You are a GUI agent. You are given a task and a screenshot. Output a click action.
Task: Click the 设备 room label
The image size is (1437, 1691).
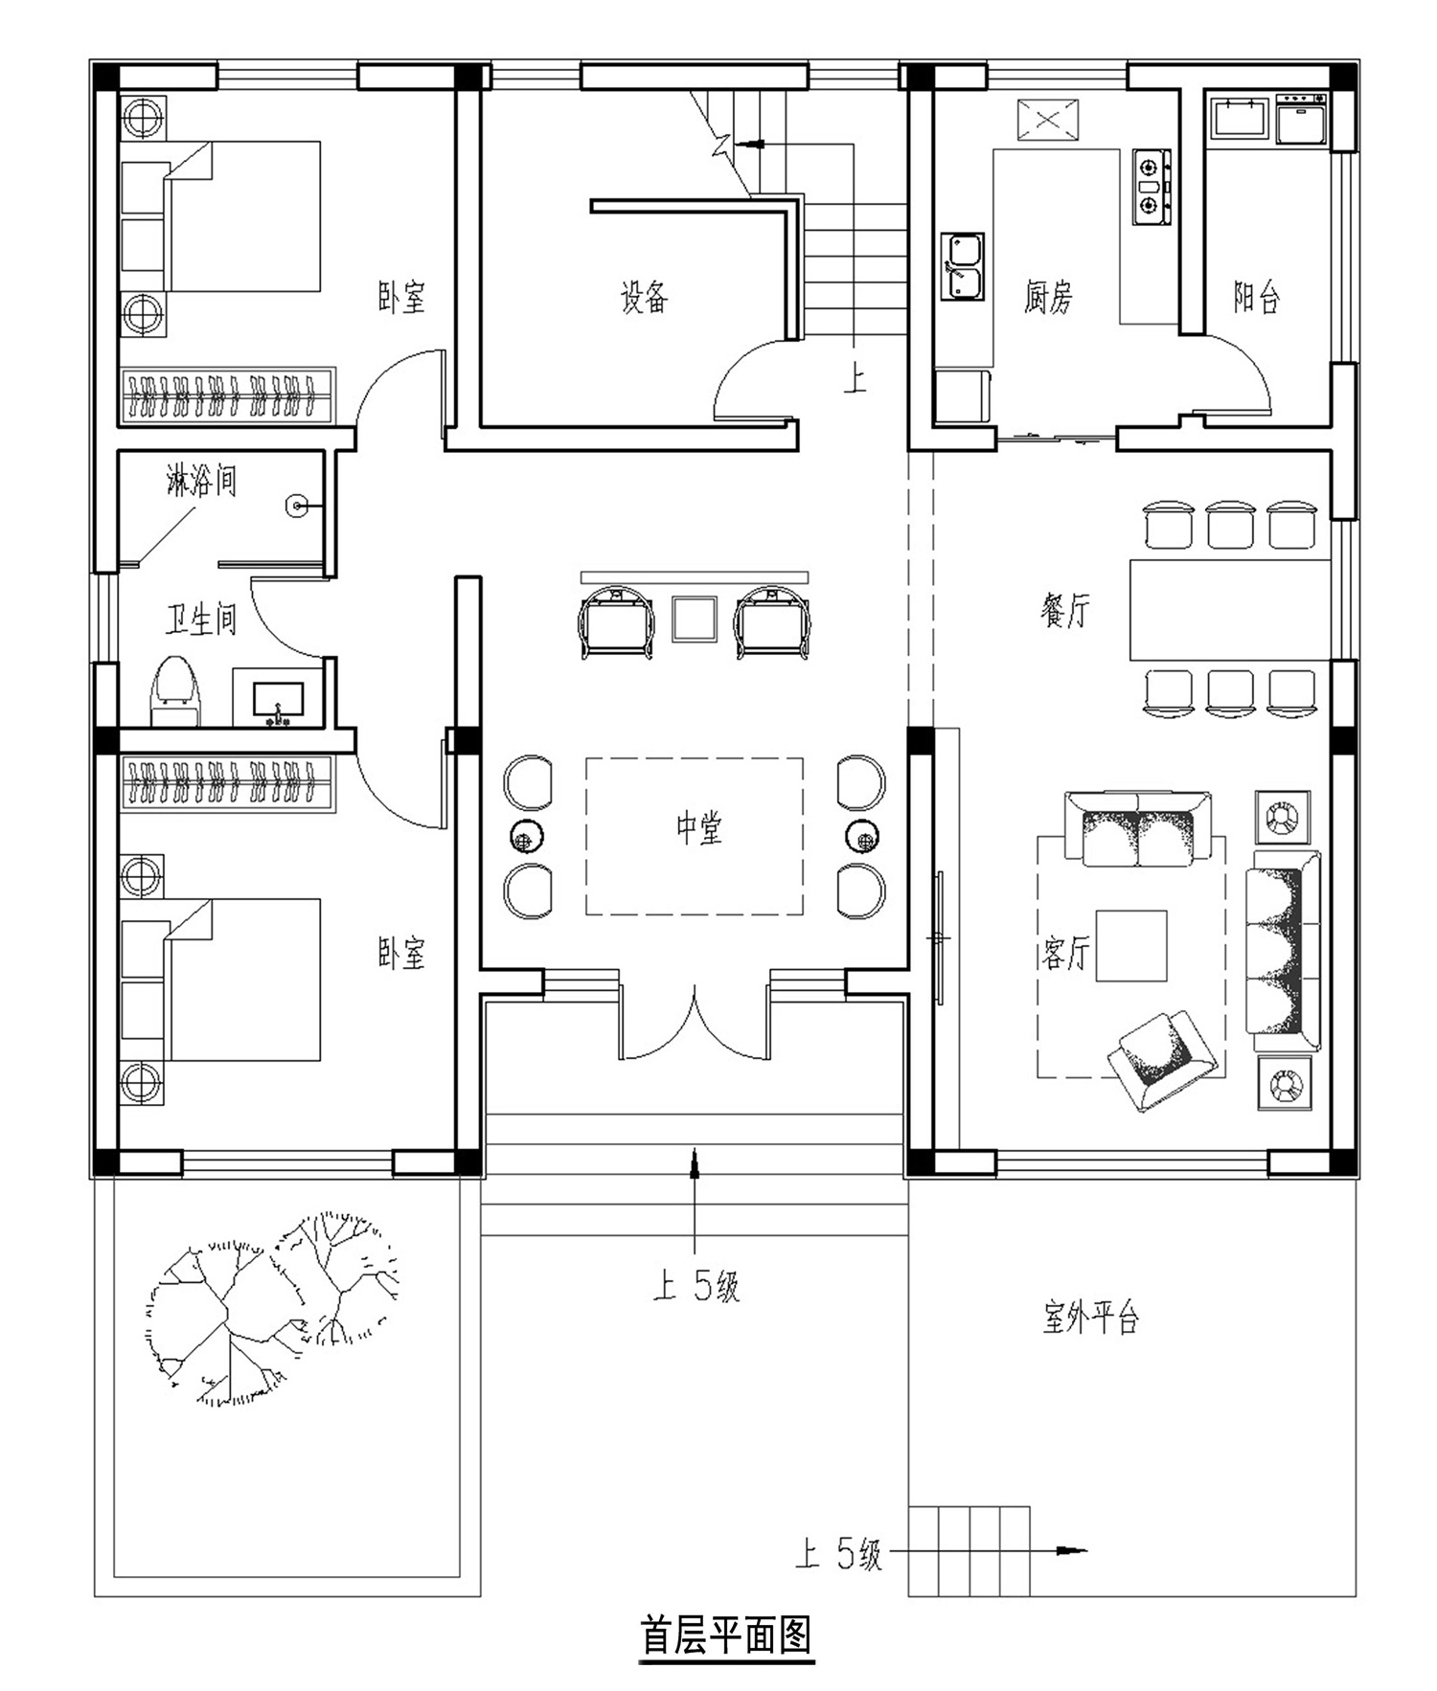point(644,297)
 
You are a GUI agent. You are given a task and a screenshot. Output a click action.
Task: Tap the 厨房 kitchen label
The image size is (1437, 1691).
point(1048,297)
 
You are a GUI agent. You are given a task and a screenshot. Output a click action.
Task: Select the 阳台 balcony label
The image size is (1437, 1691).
point(1256,297)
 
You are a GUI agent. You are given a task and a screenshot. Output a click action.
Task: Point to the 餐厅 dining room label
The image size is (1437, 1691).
point(1065,609)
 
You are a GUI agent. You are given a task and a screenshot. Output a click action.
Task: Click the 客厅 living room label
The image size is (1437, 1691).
point(1065,952)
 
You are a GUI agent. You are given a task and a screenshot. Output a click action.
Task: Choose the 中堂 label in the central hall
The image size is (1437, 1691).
point(699,827)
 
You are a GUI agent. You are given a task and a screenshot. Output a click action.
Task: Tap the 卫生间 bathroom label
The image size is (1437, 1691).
point(201,619)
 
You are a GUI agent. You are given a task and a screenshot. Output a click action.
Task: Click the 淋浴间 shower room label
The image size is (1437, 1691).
point(201,480)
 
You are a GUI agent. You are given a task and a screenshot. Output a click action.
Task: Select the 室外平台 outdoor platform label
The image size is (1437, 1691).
point(1090,1319)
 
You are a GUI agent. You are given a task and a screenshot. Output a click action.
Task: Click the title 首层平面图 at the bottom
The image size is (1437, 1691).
point(726,1636)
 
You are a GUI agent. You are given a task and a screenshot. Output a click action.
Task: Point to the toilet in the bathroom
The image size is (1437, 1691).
point(176,690)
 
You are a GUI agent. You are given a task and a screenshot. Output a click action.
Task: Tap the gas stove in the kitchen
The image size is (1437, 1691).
point(1152,187)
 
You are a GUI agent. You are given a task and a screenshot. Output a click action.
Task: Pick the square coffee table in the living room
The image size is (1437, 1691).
point(1131,946)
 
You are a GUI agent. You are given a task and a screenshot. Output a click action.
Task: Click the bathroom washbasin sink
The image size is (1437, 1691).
point(278,699)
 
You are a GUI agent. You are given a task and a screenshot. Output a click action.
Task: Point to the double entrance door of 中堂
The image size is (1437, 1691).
point(696,1023)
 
